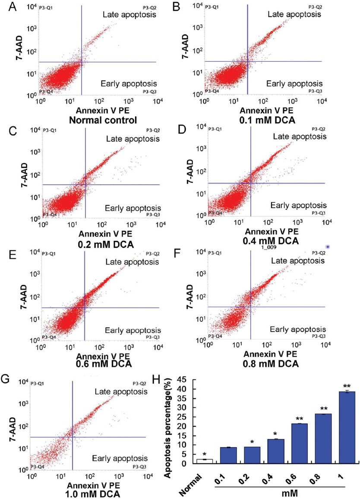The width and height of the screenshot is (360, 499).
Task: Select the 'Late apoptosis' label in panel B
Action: tap(294, 14)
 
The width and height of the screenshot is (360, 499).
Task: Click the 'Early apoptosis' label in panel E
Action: tap(132, 330)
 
